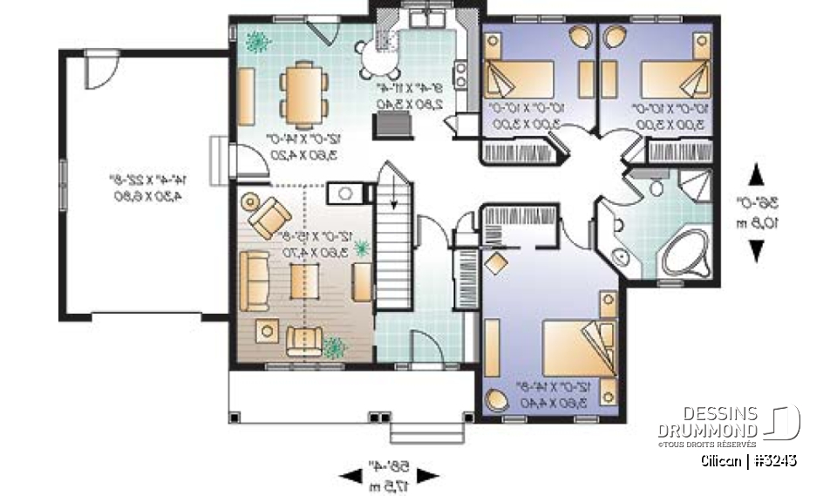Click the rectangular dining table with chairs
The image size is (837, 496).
tap(304, 92)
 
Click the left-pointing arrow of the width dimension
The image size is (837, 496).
tap(352, 476)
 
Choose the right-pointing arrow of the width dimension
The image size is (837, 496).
tap(429, 476)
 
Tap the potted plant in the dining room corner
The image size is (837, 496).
tap(255, 39)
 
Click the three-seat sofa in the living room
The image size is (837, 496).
tap(254, 281)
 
